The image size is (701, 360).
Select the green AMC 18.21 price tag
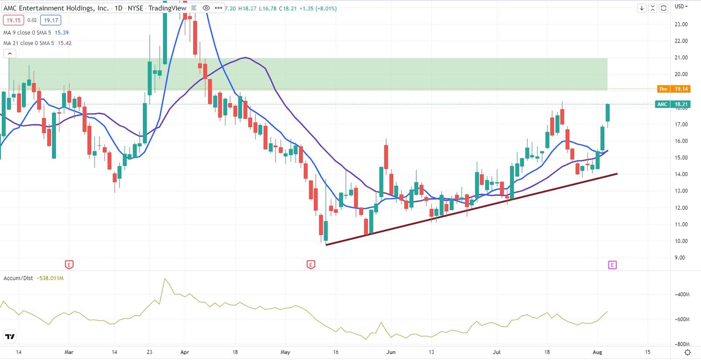pyautogui.click(x=672, y=104)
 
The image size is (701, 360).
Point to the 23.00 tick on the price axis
pyautogui.click(x=681, y=24)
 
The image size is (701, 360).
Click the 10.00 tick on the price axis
pyautogui.click(x=681, y=241)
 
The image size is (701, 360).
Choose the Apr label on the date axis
pyautogui.click(x=185, y=352)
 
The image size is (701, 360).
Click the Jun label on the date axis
pyautogui.click(x=391, y=352)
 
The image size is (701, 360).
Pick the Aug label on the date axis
pyautogui.click(x=597, y=352)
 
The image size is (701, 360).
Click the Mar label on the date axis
pyautogui.click(x=69, y=352)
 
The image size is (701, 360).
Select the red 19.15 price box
pyautogui.click(x=13, y=20)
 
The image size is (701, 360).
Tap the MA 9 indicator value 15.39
pyautogui.click(x=62, y=32)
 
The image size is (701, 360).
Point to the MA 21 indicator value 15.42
pyautogui.click(x=64, y=43)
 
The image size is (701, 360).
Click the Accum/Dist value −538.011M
pyautogui.click(x=50, y=278)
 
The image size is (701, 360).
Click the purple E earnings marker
pyautogui.click(x=612, y=265)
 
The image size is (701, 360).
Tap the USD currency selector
pyautogui.click(x=681, y=6)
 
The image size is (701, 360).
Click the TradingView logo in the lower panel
pyautogui.click(x=10, y=337)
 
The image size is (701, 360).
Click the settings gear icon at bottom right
pyautogui.click(x=687, y=352)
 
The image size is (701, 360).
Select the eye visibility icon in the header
pyautogui.click(x=206, y=8)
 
